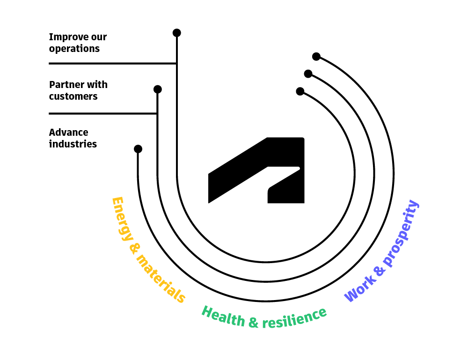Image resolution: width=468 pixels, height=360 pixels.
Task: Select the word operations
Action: [x=74, y=49]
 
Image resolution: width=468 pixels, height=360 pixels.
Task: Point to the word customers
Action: [x=73, y=96]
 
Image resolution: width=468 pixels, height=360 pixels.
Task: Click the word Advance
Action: [x=69, y=132]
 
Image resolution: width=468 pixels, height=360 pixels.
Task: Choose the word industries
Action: [x=73, y=144]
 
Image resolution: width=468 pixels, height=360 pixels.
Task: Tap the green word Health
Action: [x=223, y=316]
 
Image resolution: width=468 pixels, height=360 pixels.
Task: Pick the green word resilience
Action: [x=294, y=318]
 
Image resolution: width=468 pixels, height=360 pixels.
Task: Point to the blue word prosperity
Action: [x=401, y=233]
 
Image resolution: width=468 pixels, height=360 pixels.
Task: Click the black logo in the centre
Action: [x=256, y=170]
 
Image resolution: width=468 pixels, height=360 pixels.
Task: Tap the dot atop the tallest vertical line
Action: [x=177, y=33]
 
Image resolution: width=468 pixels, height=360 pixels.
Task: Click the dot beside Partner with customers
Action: [x=158, y=89]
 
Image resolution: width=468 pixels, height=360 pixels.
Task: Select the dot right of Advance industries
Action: [x=138, y=149]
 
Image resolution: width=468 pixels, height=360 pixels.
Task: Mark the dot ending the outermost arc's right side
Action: [x=316, y=56]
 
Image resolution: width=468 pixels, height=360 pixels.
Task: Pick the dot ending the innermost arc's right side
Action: [x=300, y=91]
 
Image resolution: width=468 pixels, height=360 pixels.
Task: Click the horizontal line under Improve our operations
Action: [x=112, y=63]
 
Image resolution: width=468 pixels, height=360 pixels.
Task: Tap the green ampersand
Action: [x=253, y=323]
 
